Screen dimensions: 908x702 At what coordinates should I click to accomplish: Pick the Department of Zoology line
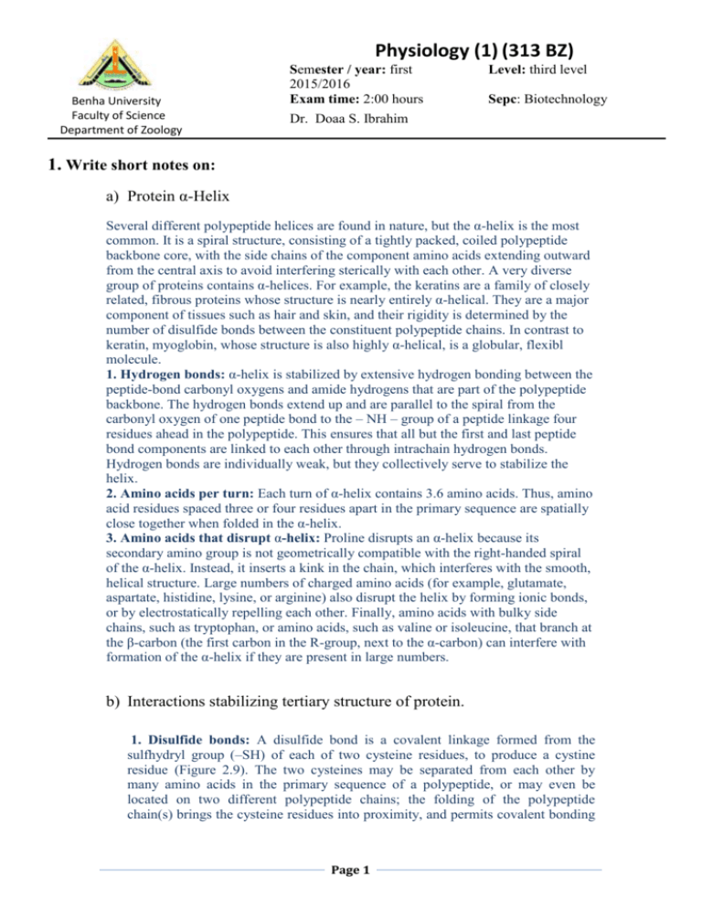tap(108, 130)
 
